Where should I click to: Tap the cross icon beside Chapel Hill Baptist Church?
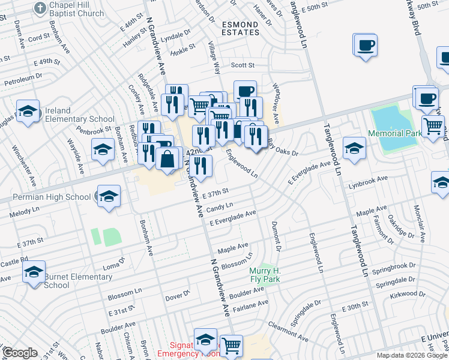40,7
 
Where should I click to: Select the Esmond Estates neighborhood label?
240,29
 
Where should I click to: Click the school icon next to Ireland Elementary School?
28,112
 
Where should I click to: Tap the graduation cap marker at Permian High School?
109,196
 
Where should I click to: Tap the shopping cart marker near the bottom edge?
231,346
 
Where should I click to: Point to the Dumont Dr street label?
277,234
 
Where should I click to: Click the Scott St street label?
243,65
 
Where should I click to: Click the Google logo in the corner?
20,353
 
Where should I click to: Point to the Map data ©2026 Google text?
412,355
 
